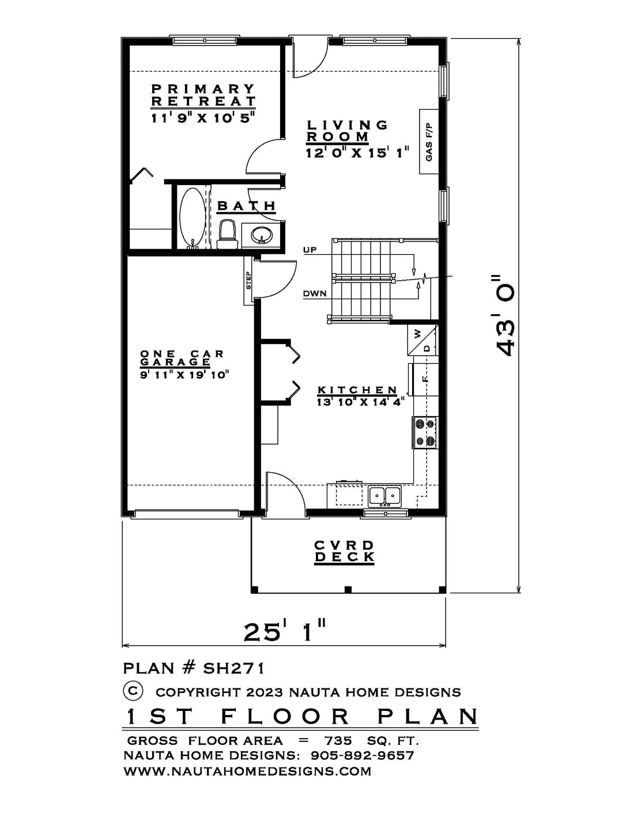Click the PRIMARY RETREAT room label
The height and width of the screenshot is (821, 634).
[203, 95]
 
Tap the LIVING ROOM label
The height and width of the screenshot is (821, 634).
[346, 131]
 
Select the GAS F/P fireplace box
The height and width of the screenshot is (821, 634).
[429, 142]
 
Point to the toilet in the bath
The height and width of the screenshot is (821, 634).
[227, 234]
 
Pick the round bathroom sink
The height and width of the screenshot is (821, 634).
[261, 235]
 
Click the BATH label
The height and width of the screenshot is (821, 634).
[246, 206]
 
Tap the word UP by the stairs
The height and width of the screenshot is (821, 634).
[310, 250]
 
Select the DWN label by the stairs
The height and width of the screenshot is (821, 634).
[315, 293]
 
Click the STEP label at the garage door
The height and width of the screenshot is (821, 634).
[248, 280]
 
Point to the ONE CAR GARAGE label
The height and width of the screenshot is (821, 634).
[182, 358]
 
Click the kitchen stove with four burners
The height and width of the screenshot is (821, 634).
[426, 433]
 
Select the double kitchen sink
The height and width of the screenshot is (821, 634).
[385, 496]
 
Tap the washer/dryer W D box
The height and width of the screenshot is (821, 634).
[423, 340]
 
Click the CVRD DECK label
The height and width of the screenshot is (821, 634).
[344, 551]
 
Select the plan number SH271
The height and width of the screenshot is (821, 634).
[233, 668]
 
